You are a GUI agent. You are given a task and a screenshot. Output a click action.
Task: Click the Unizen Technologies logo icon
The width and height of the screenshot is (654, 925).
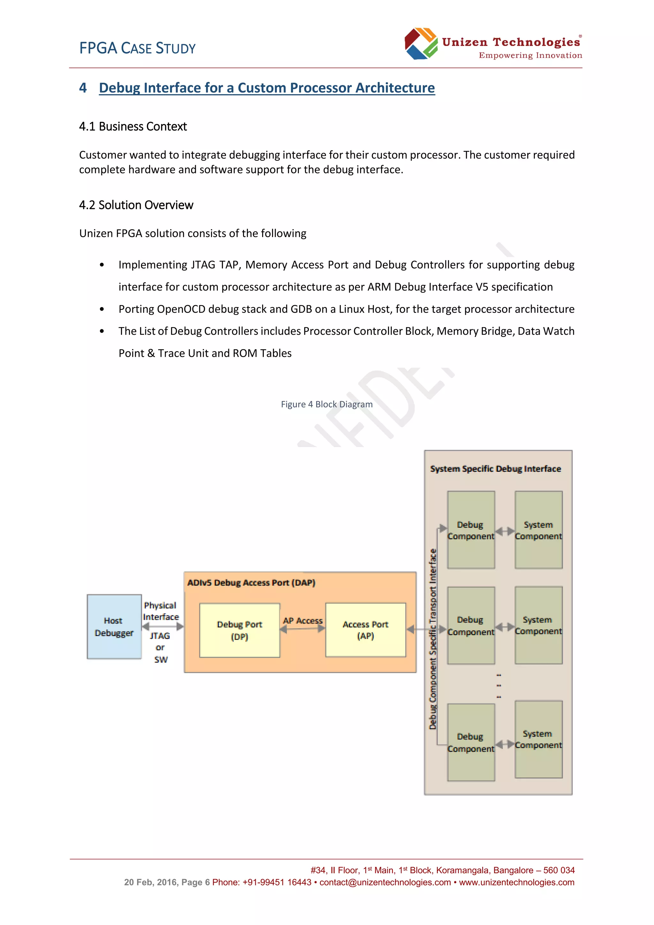[421, 43]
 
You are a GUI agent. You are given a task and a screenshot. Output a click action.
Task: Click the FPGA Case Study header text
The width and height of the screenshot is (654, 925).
[137, 48]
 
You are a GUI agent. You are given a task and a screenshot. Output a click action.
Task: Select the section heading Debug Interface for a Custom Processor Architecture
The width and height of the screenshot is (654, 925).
[267, 88]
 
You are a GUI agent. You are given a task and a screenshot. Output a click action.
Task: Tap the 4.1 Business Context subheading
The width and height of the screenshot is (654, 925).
[133, 126]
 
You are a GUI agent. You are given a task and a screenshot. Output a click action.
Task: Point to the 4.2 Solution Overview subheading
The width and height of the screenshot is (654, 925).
[136, 205]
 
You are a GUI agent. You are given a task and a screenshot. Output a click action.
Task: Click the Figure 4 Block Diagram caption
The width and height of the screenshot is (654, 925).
[327, 404]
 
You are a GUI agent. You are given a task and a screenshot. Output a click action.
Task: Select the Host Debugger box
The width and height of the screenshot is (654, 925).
[114, 626]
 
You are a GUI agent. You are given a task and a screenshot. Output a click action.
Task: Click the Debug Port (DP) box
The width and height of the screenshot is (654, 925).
[240, 630]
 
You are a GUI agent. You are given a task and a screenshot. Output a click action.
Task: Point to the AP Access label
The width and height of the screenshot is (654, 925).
[303, 620]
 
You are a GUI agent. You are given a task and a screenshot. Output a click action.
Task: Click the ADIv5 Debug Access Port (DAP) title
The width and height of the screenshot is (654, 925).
[251, 583]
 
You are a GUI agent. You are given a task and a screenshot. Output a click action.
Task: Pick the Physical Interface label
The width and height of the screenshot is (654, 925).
[161, 611]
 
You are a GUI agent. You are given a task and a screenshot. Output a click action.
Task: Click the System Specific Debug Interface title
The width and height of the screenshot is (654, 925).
[495, 469]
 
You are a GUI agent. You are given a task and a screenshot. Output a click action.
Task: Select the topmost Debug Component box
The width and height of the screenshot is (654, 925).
[471, 530]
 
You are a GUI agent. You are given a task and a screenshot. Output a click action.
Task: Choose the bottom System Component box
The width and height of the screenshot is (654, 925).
[538, 739]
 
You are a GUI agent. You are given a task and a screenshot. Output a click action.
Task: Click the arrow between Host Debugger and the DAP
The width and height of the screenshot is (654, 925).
[163, 626]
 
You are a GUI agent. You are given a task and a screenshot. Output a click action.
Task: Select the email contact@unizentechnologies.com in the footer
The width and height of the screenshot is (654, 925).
[385, 882]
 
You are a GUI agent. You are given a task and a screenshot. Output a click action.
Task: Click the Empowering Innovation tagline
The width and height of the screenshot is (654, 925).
[530, 56]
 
